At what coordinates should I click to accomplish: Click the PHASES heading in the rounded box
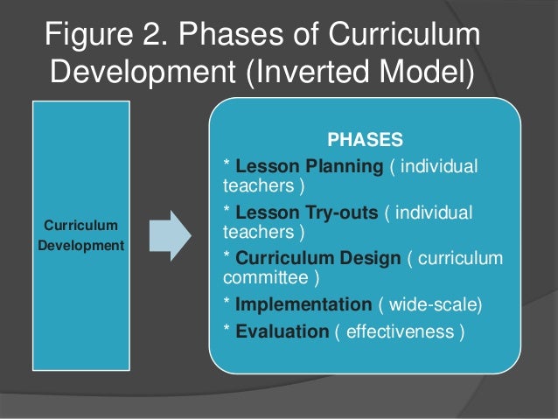(365, 139)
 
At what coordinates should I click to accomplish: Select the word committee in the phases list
(262, 280)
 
